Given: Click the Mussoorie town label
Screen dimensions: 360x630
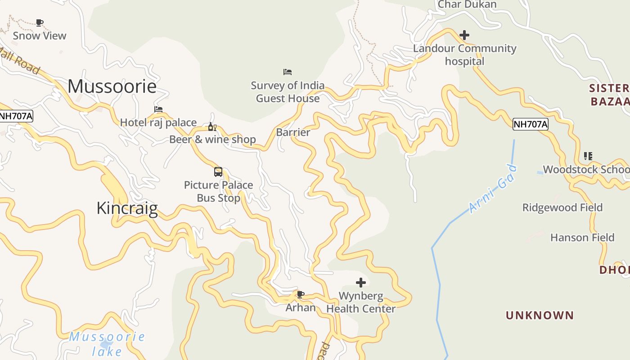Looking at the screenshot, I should pyautogui.click(x=112, y=86).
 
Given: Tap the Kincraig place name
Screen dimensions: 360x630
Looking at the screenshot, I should pyautogui.click(x=127, y=208).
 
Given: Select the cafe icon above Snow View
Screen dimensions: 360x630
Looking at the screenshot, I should pyautogui.click(x=40, y=22).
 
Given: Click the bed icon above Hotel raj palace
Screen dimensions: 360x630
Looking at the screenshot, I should pyautogui.click(x=158, y=109).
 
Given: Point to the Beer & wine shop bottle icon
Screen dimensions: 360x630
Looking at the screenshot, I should pyautogui.click(x=212, y=126).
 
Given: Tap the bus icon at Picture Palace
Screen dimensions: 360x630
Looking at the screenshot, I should pyautogui.click(x=218, y=171).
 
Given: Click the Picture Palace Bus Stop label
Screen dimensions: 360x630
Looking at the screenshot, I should pyautogui.click(x=219, y=191).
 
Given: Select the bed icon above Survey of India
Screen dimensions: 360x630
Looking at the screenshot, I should pyautogui.click(x=288, y=72).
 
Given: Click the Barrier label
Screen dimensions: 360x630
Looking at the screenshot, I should pyautogui.click(x=293, y=132).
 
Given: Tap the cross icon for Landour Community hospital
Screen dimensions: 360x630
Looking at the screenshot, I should pyautogui.click(x=464, y=35).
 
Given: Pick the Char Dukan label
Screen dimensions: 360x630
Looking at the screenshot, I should pyautogui.click(x=467, y=4).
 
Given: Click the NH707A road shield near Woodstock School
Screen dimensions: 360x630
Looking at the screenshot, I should pyautogui.click(x=531, y=124).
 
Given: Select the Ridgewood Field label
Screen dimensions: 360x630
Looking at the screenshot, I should pyautogui.click(x=562, y=207).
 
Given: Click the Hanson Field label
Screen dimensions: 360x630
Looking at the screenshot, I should pyautogui.click(x=582, y=237).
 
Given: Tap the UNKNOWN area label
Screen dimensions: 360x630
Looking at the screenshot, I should pyautogui.click(x=540, y=315).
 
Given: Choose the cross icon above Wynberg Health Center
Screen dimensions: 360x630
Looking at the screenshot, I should pyautogui.click(x=361, y=283).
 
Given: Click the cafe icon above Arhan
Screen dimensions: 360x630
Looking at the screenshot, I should pyautogui.click(x=301, y=295).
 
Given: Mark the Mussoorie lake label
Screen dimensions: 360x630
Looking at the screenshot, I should pyautogui.click(x=107, y=343).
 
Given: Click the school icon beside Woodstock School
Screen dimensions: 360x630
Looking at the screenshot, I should pyautogui.click(x=588, y=156).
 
